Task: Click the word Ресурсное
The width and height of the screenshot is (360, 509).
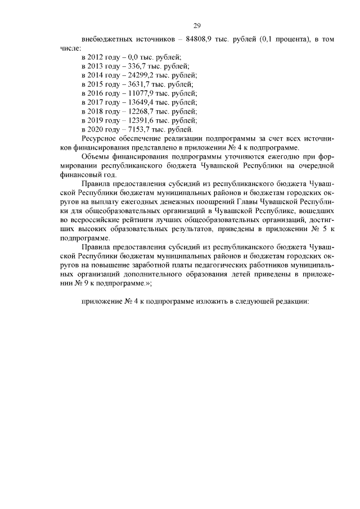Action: tap(100, 138)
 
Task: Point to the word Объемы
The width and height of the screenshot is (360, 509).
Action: tap(96, 156)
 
